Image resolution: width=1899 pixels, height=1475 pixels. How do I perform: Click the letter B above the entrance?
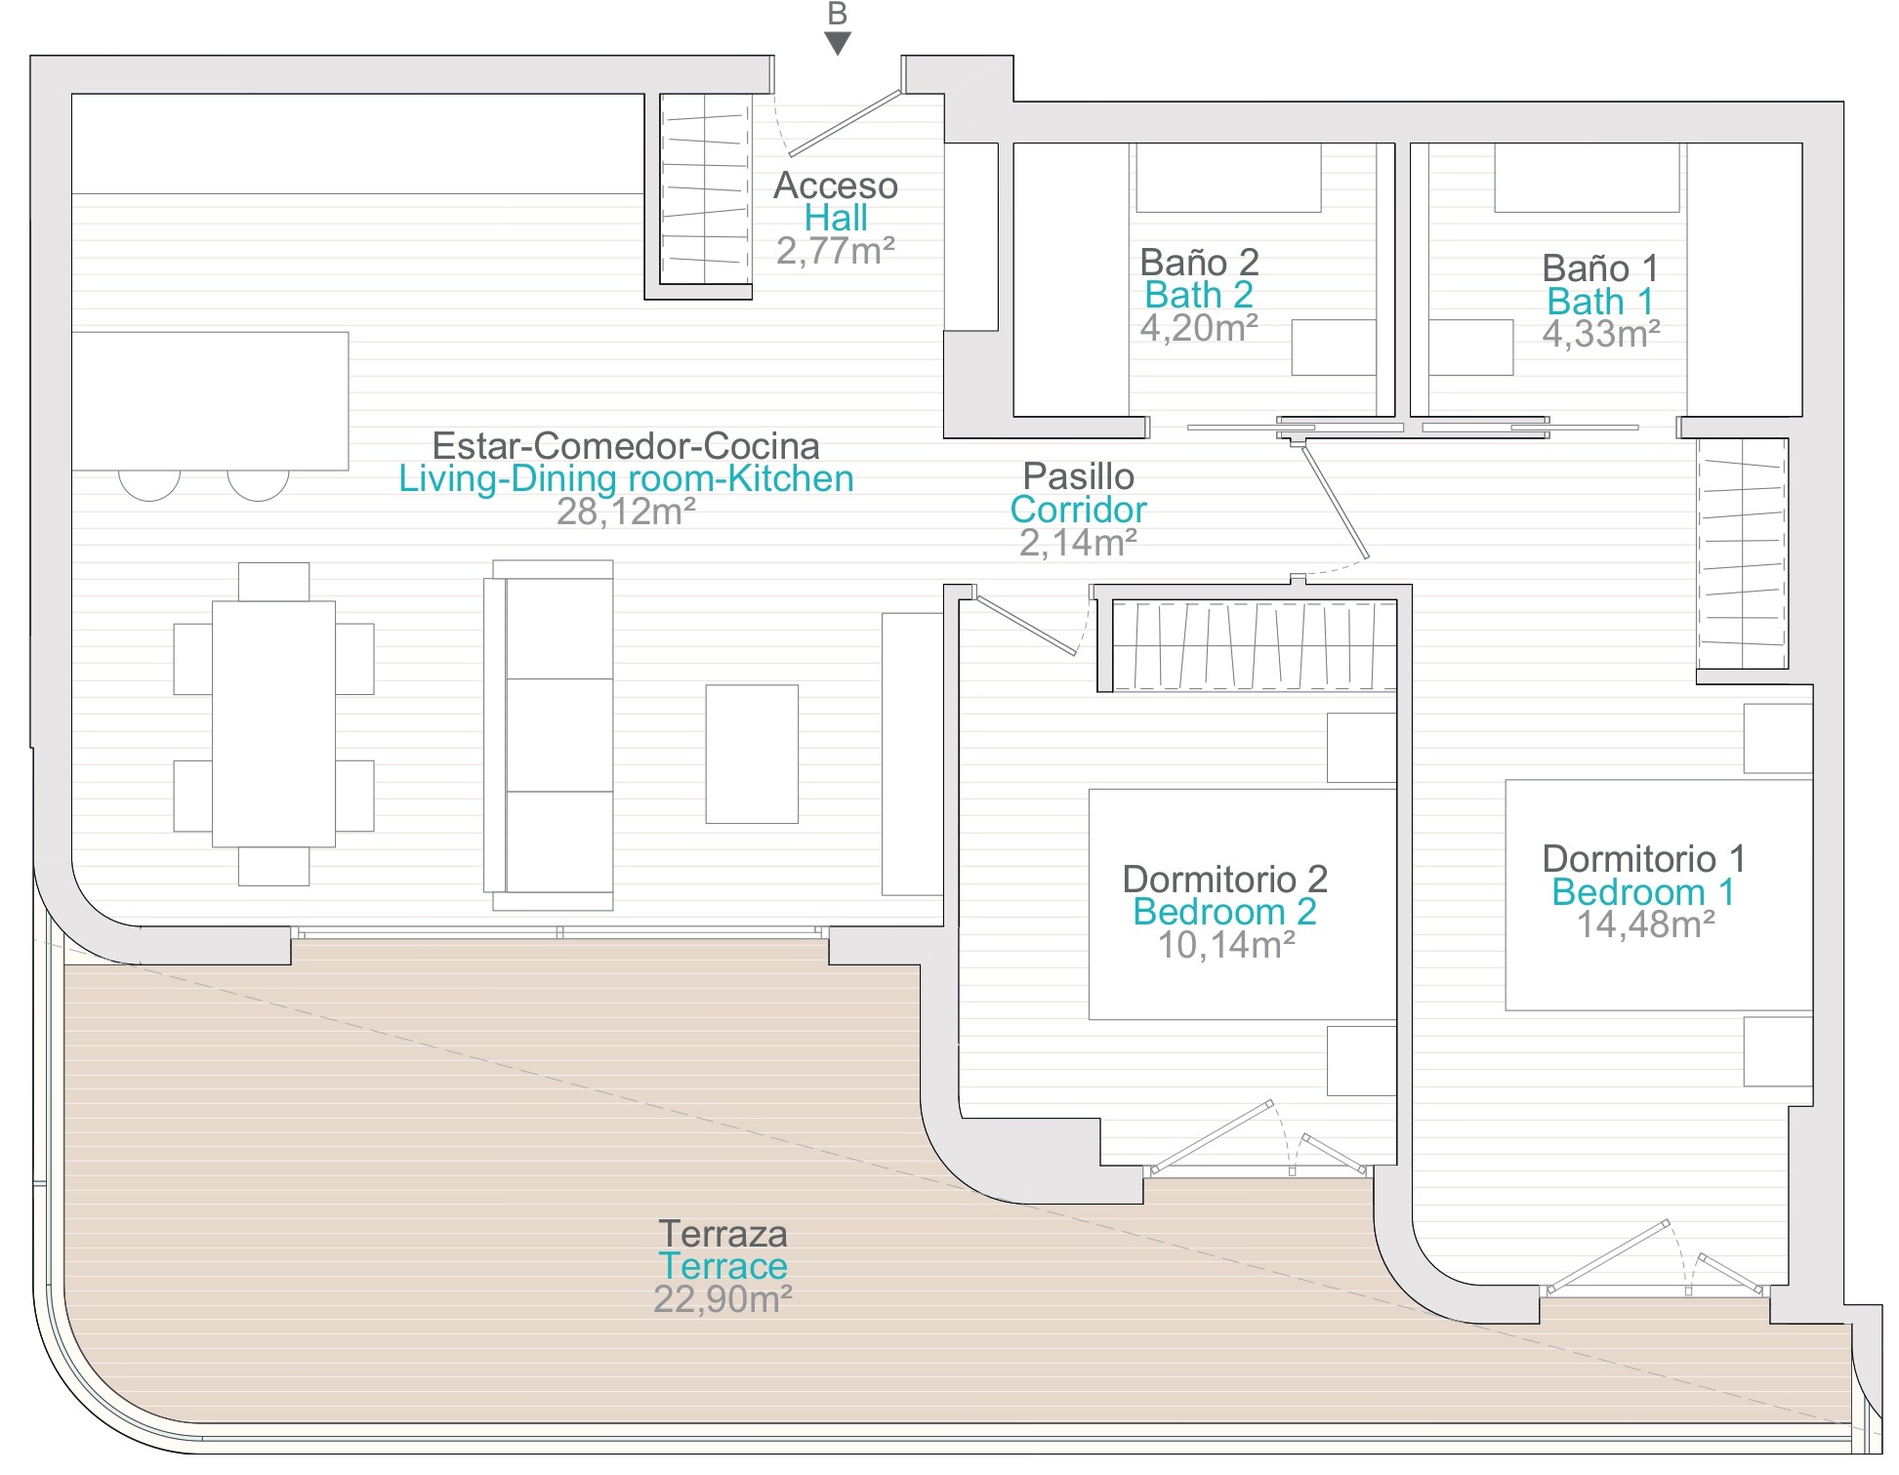(x=837, y=14)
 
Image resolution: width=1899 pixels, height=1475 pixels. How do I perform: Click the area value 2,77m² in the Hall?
(x=836, y=251)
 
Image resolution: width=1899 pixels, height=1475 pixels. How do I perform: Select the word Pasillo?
(x=1079, y=476)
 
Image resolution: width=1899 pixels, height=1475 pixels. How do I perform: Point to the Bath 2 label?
(x=1199, y=295)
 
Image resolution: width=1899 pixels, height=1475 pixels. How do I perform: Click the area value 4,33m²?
(x=1601, y=334)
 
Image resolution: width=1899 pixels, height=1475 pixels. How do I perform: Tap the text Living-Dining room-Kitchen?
(x=626, y=478)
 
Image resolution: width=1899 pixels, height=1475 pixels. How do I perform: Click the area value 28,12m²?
(x=626, y=512)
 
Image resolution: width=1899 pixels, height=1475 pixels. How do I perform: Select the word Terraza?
(x=722, y=1234)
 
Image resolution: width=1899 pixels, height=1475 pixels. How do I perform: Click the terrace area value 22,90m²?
(x=722, y=1299)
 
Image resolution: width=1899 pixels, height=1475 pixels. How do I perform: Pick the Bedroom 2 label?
(x=1224, y=912)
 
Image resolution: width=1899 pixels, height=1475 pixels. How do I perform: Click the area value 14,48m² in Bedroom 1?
(x=1646, y=924)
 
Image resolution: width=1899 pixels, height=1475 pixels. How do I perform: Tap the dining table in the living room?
(x=273, y=723)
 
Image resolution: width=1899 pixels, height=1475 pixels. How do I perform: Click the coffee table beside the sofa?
(x=752, y=754)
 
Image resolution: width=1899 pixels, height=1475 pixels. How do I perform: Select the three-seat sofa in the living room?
(x=549, y=735)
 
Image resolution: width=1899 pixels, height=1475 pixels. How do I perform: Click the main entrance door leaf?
(x=845, y=123)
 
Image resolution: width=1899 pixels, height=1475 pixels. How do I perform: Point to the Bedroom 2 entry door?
(x=1025, y=625)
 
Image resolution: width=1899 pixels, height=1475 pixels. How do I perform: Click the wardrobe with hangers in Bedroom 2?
(x=1254, y=645)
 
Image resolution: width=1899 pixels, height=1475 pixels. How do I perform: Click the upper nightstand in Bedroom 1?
(x=1778, y=738)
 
